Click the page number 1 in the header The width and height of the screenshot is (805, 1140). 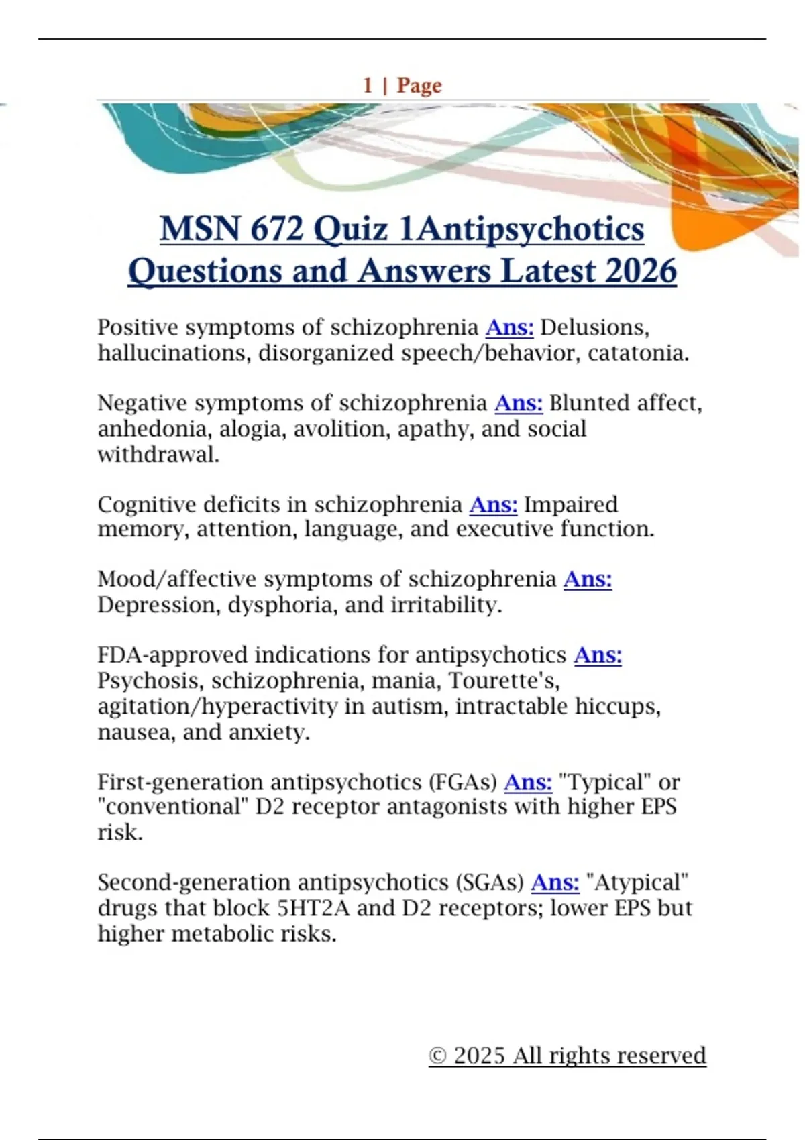pos(368,85)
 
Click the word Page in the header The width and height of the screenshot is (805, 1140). pos(419,85)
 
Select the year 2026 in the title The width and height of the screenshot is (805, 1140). pos(641,271)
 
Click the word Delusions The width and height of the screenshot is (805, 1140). pos(594,327)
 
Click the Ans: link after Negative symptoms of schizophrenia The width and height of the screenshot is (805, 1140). pos(519,403)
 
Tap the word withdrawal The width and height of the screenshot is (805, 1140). pos(158,454)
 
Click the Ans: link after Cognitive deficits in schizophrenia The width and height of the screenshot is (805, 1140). pos(493,504)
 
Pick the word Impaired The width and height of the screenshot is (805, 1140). pos(571,504)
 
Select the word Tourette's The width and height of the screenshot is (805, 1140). pos(504,681)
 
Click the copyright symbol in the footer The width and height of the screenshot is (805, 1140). pos(437,1056)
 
